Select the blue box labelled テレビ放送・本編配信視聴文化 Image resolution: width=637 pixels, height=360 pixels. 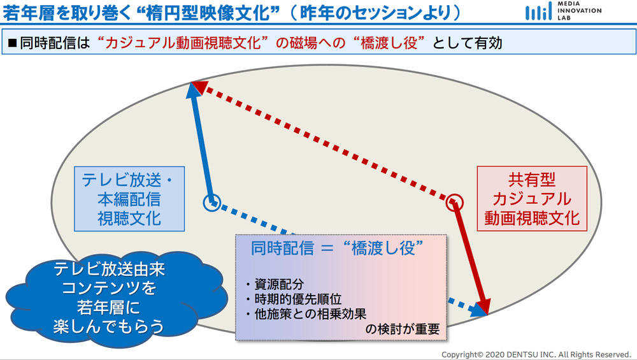tap(129, 199)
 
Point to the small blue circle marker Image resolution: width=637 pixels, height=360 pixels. tap(211, 203)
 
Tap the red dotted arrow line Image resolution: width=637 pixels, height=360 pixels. tap(325, 142)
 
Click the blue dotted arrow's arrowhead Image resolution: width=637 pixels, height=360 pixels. tap(477, 310)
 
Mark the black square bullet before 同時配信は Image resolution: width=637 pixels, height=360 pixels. tap(12, 44)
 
